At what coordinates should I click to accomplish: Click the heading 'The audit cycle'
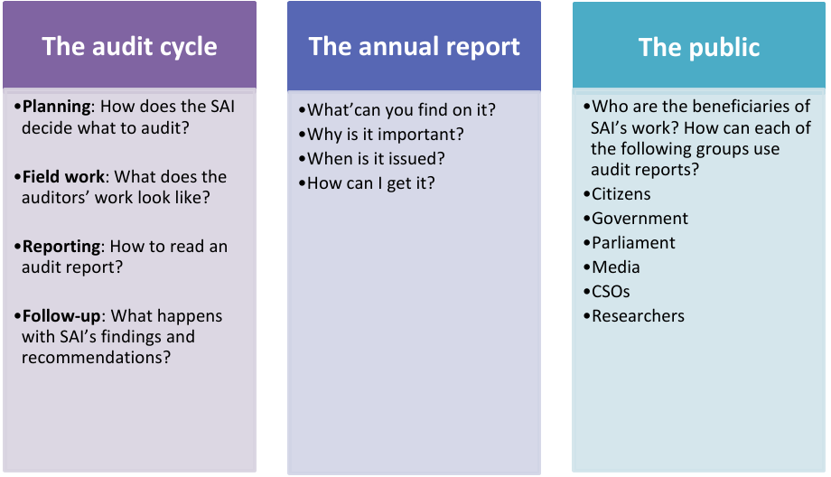[x=129, y=47]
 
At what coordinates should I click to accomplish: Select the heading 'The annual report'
[x=414, y=47]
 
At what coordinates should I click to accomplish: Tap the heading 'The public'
[x=698, y=47]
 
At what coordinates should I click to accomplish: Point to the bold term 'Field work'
[x=63, y=177]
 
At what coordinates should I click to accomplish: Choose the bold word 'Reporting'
[x=60, y=247]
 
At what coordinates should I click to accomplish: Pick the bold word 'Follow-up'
[x=61, y=316]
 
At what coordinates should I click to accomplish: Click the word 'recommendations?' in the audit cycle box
[x=96, y=358]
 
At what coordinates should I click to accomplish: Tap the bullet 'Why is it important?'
[x=386, y=135]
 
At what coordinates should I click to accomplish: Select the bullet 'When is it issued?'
[x=376, y=159]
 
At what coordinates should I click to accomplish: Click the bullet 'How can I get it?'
[x=371, y=183]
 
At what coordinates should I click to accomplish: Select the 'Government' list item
[x=640, y=219]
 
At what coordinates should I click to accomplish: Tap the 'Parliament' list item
[x=633, y=243]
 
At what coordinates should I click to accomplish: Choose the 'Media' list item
[x=616, y=267]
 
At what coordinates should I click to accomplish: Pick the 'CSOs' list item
[x=611, y=292]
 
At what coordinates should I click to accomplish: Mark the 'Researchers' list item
[x=638, y=316]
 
